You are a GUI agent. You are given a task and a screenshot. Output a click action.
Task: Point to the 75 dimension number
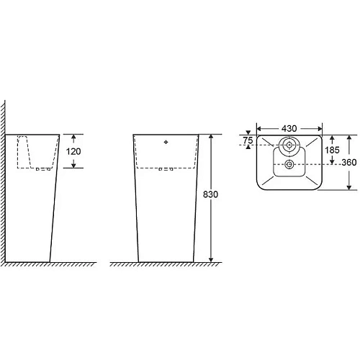[x=248, y=141]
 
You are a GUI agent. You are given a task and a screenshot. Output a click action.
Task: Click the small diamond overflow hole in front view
[x=168, y=141]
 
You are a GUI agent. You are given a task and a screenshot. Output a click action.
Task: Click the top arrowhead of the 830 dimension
[x=210, y=137]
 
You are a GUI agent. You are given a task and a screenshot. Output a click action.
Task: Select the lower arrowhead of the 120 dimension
[x=72, y=165]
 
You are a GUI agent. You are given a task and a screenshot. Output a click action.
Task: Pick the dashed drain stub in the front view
[x=168, y=169]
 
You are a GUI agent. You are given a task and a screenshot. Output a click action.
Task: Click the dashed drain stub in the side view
[x=44, y=169]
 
